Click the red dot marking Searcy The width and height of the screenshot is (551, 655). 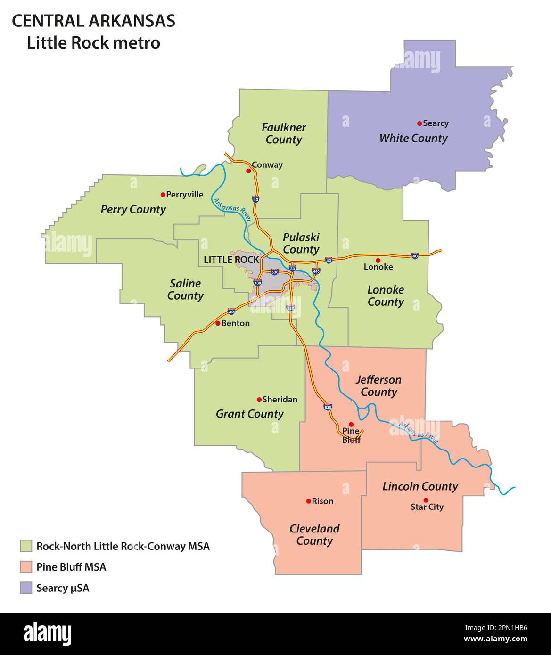419,123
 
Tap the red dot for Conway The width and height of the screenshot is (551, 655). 248,171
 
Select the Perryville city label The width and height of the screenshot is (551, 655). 185,195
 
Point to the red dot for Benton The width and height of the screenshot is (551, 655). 218,323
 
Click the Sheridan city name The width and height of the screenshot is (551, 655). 280,400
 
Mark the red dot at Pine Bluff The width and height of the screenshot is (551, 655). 351,425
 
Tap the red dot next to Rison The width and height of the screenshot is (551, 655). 308,501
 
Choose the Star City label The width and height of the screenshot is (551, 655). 427,507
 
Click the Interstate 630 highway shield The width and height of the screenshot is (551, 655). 275,272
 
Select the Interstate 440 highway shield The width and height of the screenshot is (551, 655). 316,271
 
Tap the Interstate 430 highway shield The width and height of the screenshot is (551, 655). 257,283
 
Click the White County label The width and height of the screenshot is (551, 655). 413,138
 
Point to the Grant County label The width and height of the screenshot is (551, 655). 249,414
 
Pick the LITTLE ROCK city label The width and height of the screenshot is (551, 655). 231,260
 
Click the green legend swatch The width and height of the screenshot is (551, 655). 26,546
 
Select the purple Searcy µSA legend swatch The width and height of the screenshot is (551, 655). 26,588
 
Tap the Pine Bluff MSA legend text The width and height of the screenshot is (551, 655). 71,567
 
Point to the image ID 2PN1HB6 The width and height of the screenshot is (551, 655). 508,628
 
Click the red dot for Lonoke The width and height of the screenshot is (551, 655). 378,261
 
